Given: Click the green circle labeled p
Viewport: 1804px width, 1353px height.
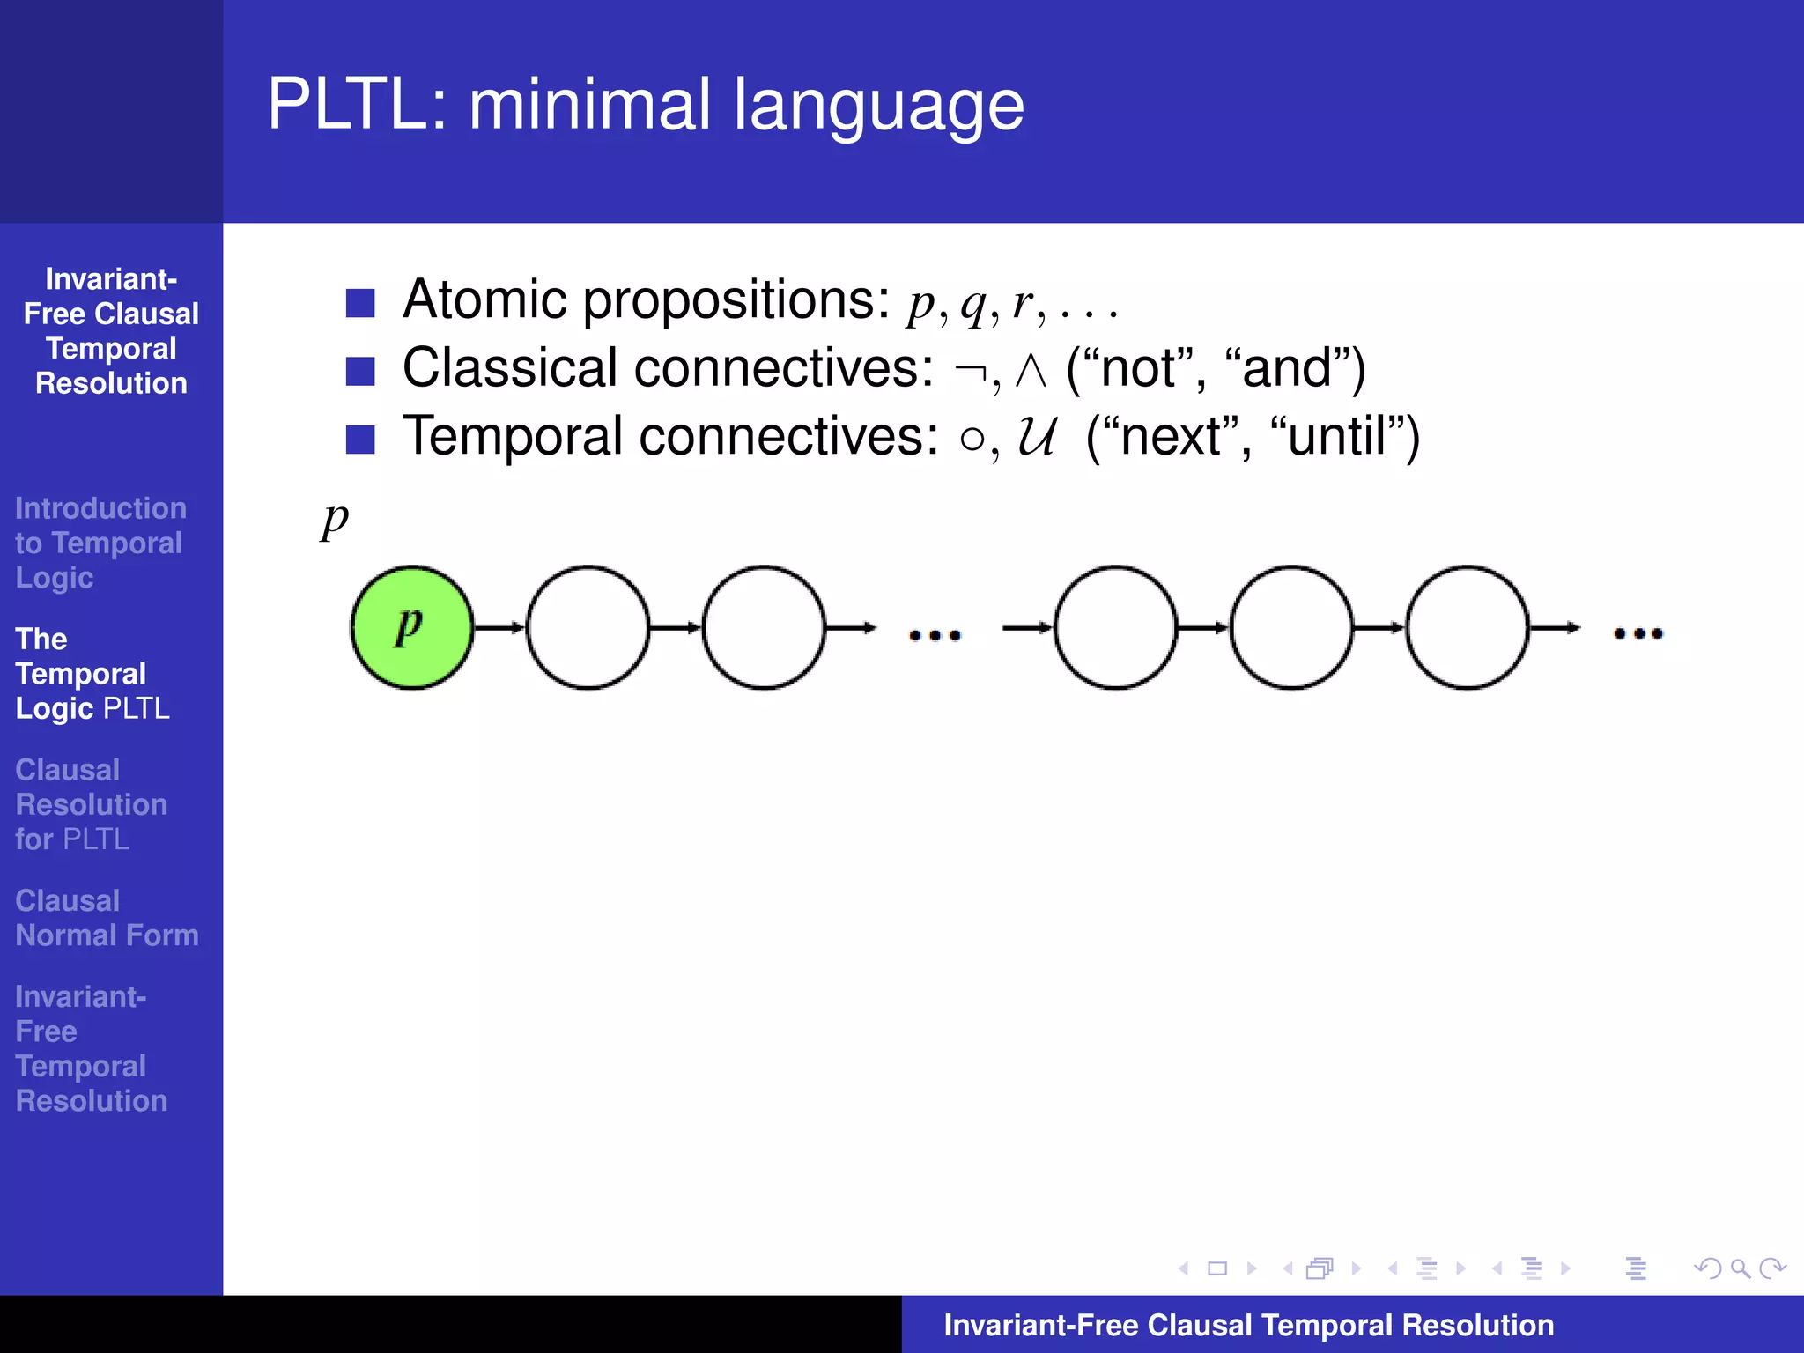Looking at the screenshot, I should point(411,627).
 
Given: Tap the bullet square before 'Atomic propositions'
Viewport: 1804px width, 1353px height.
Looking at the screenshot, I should point(360,303).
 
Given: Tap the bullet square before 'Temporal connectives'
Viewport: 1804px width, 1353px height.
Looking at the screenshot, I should point(360,439).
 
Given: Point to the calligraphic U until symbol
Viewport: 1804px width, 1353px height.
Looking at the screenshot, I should point(1036,437).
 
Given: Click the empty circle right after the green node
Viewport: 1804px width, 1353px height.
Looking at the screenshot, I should point(588,627).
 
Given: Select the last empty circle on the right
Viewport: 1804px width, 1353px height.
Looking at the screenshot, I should point(1467,627).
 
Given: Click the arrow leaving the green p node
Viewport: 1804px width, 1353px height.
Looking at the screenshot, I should point(499,627).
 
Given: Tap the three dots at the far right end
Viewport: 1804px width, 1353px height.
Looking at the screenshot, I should point(1638,633).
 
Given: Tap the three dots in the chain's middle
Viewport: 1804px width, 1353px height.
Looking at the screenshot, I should point(935,635).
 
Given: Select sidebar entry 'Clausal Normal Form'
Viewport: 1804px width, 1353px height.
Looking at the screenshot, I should point(106,918).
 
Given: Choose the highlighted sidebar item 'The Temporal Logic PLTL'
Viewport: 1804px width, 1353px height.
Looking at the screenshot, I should point(92,674).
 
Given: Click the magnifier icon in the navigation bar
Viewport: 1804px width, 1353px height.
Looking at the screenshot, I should point(1740,1268).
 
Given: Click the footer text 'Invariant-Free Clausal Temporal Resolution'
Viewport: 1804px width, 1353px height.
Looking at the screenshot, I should point(1248,1325).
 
